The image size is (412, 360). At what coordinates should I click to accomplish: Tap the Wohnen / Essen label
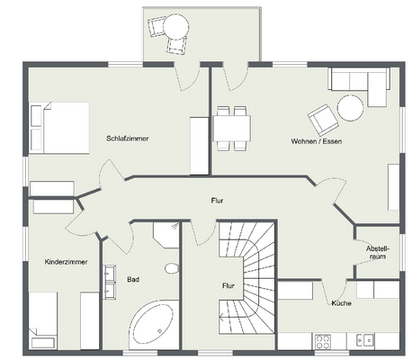316,142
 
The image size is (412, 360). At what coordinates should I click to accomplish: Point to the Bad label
132,280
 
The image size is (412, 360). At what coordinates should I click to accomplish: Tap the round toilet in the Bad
171,268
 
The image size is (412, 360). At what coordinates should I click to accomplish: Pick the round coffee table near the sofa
349,109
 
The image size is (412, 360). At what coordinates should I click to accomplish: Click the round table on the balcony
177,24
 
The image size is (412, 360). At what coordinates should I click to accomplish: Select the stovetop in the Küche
324,340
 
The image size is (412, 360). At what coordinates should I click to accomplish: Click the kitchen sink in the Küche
364,340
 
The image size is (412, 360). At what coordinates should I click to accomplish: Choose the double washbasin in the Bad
112,280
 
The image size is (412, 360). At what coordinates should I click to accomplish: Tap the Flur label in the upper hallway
217,201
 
